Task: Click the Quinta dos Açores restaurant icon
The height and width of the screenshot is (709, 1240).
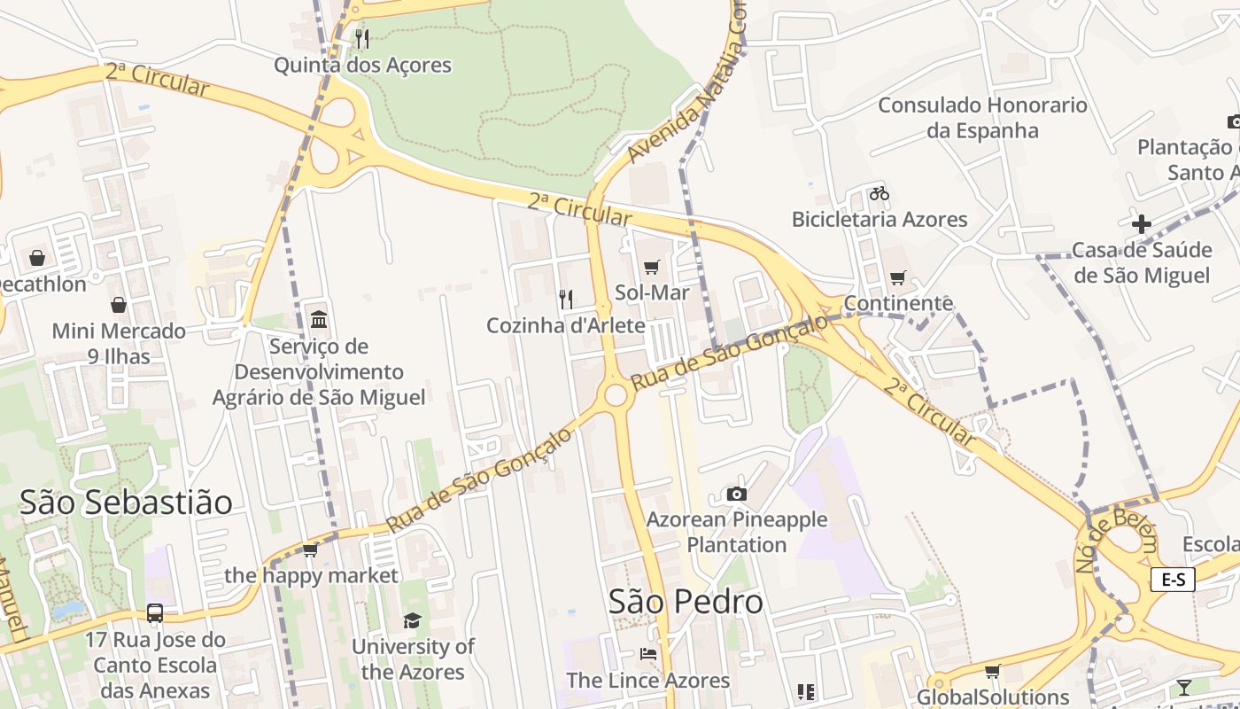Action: coord(361,38)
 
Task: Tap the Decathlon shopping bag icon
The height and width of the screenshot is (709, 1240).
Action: coord(37,258)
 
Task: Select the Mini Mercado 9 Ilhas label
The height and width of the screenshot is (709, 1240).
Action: coord(119,343)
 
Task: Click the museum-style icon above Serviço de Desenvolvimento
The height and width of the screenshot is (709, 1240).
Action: coord(319,319)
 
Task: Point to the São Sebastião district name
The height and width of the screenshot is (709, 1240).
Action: coord(126,503)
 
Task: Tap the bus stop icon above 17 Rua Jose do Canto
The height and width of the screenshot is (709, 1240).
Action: coord(155,612)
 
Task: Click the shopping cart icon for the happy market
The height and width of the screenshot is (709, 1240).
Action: coord(311,550)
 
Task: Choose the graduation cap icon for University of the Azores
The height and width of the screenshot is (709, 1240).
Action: coord(412,620)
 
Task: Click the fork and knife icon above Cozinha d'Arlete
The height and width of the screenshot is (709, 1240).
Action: coord(565,299)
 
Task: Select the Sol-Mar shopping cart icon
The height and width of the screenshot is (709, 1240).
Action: coord(652,267)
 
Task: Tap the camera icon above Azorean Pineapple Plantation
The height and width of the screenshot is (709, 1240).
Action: coord(736,494)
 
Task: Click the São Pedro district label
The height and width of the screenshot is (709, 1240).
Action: coord(686,602)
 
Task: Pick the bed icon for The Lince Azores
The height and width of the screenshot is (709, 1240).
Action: coord(648,654)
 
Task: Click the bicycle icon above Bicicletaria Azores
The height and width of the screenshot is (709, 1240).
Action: coord(879,193)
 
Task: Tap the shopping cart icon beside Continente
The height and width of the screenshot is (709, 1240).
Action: coord(898,278)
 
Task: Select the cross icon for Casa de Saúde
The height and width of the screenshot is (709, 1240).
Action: coord(1142,224)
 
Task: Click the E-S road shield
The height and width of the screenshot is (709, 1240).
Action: coord(1173,580)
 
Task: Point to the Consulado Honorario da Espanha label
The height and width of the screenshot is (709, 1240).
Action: coord(982,118)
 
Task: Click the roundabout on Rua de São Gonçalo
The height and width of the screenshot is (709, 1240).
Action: coord(616,395)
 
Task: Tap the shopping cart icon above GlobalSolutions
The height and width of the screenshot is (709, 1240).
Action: coord(993,672)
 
